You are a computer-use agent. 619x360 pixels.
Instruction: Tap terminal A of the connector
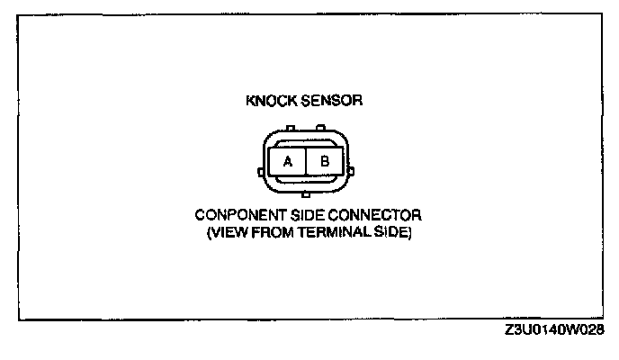point(288,162)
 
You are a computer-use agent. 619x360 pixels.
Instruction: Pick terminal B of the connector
point(325,162)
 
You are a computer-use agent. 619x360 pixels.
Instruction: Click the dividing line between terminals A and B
point(306,162)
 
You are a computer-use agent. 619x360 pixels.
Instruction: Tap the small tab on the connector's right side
point(349,169)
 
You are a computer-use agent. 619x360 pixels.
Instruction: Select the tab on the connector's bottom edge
point(306,193)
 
